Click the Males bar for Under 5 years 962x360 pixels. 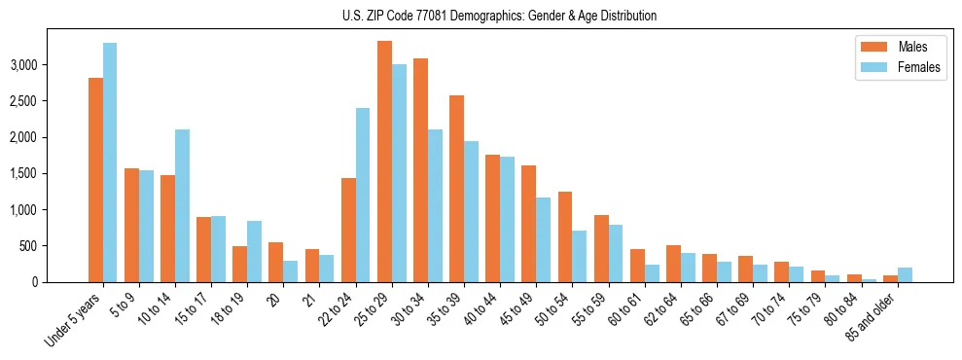pos(95,180)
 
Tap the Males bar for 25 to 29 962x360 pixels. pos(384,162)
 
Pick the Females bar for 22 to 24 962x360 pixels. pos(363,195)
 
